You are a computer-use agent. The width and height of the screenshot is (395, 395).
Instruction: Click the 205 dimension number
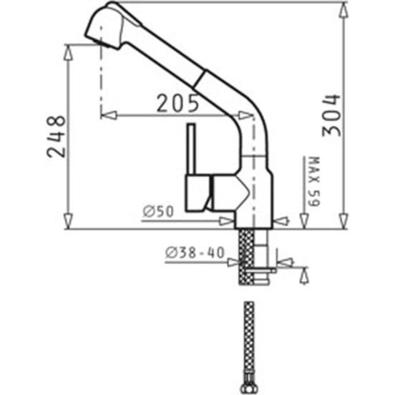pyautogui.click(x=177, y=103)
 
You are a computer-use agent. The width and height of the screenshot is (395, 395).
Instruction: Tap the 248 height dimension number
pyautogui.click(x=56, y=136)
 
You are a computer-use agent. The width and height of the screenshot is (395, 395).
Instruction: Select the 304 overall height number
pyautogui.click(x=331, y=115)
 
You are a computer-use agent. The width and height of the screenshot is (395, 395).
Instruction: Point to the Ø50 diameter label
pyautogui.click(x=158, y=211)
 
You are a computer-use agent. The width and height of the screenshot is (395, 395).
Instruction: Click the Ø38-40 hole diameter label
pyautogui.click(x=195, y=253)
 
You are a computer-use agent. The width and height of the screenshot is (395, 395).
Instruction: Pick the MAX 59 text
pyautogui.click(x=313, y=181)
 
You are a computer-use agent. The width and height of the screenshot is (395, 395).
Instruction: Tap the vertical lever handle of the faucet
pyautogui.click(x=191, y=149)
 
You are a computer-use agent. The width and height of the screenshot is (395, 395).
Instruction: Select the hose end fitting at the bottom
pyautogui.click(x=249, y=385)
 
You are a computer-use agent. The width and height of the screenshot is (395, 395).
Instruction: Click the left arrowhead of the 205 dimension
pyautogui.click(x=109, y=115)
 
